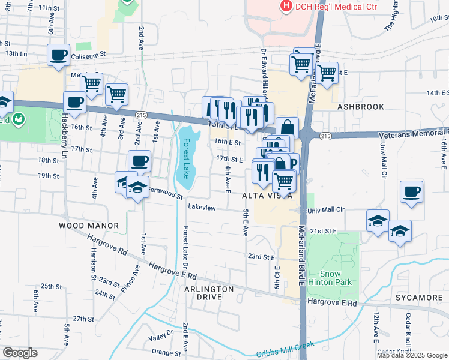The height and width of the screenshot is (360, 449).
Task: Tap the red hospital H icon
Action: pos(286,6)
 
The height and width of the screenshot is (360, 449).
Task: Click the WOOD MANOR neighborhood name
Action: pos(89,226)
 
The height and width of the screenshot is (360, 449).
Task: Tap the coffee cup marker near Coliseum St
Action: pos(59,55)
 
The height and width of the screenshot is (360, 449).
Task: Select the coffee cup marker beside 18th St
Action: pos(139,161)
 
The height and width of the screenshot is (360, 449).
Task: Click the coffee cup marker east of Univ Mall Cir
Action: pos(412,191)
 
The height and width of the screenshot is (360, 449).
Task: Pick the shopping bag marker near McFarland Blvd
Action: pos(288,127)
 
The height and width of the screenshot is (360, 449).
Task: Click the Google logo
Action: pos(19,353)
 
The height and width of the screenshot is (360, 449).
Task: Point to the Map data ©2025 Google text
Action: pos(412,355)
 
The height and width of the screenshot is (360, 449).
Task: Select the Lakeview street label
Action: pos(202,206)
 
